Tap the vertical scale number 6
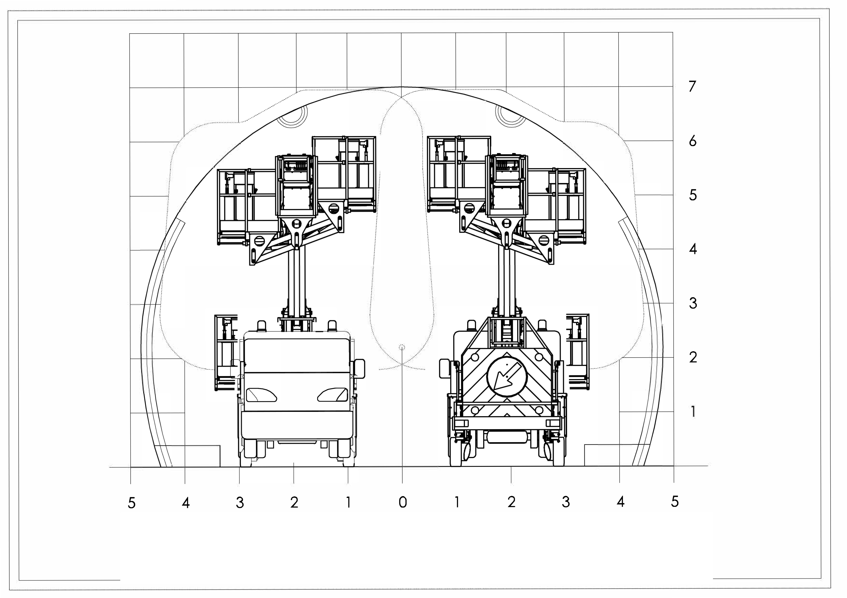click(693, 141)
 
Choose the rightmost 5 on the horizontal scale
click(675, 502)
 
